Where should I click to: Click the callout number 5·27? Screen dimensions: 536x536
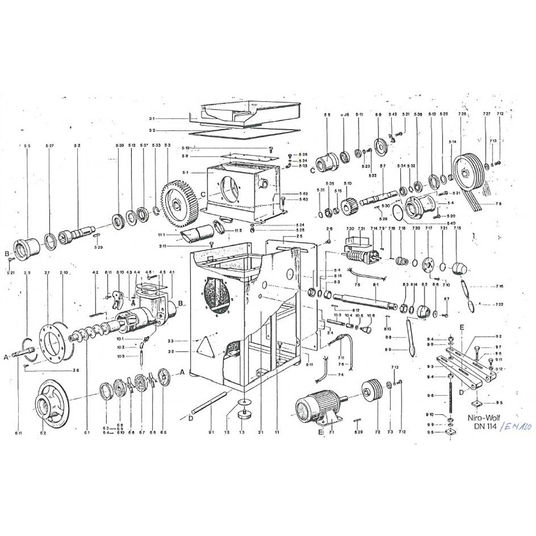pos(50,146)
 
